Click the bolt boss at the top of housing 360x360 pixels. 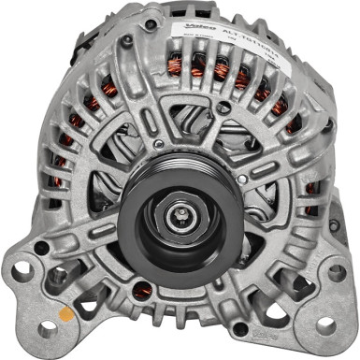pyautogui.click(x=127, y=41)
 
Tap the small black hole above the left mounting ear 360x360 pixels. pyautogui.click(x=42, y=247)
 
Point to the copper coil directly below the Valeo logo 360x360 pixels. pyautogui.click(x=198, y=64)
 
